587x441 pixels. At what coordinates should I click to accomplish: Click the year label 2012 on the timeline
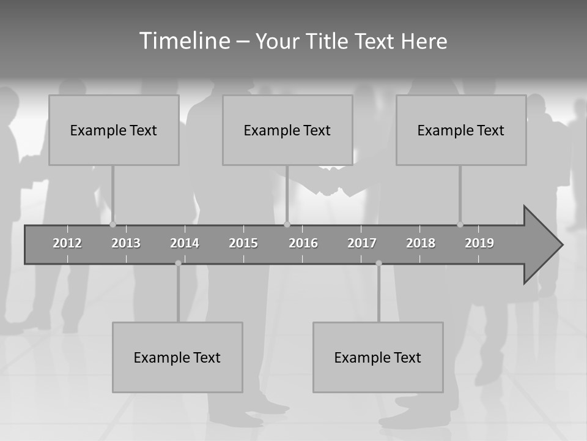click(67, 243)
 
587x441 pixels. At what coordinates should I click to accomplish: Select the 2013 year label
click(126, 243)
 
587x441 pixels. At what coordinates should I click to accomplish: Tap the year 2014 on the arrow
click(185, 243)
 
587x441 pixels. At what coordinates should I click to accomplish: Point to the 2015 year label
click(243, 243)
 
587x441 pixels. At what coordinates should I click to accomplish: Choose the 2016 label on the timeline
click(303, 243)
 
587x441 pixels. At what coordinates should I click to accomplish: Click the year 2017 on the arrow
click(362, 243)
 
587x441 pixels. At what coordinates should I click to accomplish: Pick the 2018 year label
click(421, 243)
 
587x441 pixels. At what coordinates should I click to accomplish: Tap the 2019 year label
click(479, 243)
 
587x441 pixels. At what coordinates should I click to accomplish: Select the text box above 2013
click(114, 130)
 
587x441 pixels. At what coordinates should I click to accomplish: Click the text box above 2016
click(287, 130)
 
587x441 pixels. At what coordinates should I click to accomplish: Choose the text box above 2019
click(461, 130)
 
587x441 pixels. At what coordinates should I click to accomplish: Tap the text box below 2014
click(177, 357)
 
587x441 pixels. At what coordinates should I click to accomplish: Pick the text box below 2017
click(378, 357)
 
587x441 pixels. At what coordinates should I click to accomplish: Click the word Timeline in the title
click(184, 41)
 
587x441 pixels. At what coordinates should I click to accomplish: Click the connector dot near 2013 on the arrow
click(113, 224)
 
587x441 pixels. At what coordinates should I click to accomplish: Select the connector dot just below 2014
click(178, 263)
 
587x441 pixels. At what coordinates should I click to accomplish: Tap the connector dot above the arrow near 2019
click(460, 224)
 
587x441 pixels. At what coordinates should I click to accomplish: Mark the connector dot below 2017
click(378, 263)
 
